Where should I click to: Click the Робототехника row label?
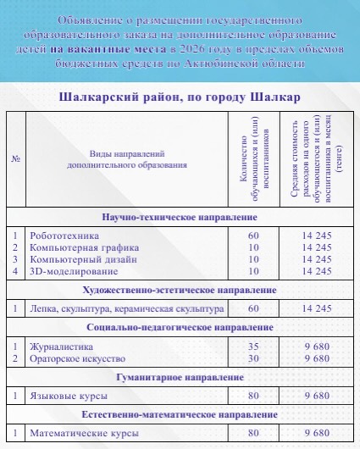point(65,235)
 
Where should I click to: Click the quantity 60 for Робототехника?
point(253,235)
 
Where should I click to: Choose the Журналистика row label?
point(61,346)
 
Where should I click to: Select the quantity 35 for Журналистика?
point(253,346)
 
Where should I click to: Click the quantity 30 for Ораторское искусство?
point(253,358)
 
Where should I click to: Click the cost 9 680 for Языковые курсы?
point(315,396)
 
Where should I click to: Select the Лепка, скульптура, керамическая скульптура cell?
point(126,309)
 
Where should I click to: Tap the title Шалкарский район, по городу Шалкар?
point(180,97)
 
